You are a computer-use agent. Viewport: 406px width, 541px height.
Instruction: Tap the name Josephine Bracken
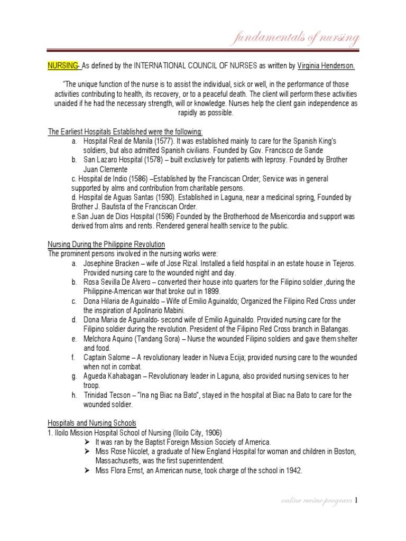pos(110,263)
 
